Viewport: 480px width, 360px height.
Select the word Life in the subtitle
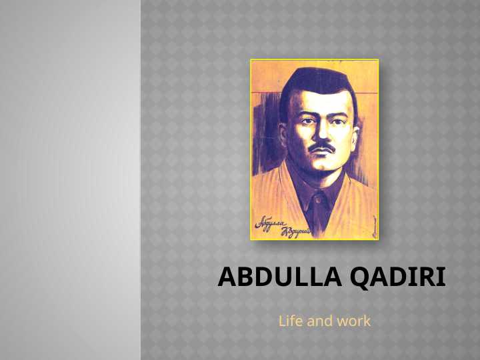coord(290,321)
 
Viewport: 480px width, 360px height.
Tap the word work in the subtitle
coord(353,321)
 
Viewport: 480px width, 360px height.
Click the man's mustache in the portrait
coord(323,147)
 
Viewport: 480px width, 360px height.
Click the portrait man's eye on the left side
coord(305,121)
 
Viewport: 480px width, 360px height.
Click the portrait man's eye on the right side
coord(338,119)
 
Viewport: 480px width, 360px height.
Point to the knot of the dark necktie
coord(318,198)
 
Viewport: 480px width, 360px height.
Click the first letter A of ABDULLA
coord(226,277)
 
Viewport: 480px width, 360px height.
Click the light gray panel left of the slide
coord(70,180)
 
